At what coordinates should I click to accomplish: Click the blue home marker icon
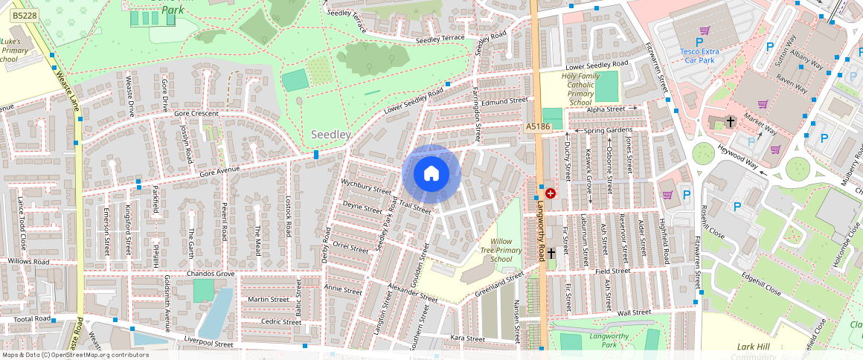tap(431, 174)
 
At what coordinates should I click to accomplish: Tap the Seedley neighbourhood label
tap(330, 135)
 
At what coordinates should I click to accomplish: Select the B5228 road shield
tap(25, 15)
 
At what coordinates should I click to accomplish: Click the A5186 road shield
tap(537, 127)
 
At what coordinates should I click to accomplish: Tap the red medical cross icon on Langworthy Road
tap(550, 193)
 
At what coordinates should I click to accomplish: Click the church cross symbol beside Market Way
tap(730, 122)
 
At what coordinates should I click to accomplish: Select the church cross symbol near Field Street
tap(551, 254)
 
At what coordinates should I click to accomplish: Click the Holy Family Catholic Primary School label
tap(569, 86)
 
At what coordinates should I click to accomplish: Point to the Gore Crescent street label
tap(196, 114)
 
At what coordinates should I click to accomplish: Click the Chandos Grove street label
tap(211, 274)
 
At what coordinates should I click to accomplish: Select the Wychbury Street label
tap(365, 186)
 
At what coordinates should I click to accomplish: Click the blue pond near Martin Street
tap(215, 312)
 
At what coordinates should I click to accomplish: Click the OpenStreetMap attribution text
tap(75, 355)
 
